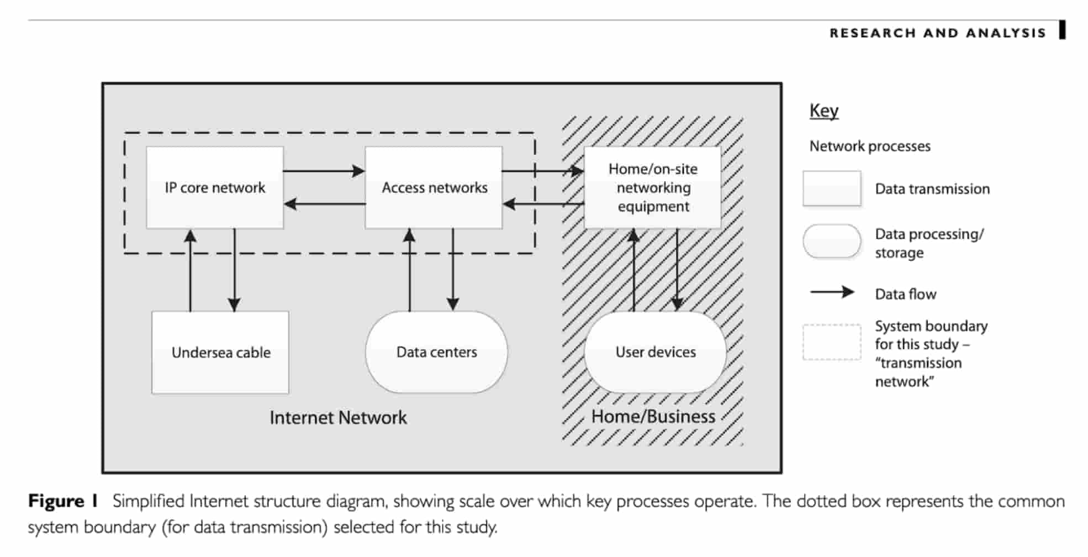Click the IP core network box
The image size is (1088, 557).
(215, 187)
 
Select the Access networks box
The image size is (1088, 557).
(434, 187)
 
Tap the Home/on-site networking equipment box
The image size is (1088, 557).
(653, 187)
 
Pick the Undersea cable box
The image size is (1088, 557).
(220, 353)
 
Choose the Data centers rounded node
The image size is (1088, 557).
(436, 352)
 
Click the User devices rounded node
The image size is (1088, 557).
(655, 352)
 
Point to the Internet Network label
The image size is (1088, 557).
(338, 418)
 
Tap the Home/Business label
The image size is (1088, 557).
(653, 417)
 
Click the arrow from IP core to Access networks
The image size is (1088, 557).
(324, 171)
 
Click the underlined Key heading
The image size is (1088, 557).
(823, 111)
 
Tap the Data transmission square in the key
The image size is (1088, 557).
(832, 188)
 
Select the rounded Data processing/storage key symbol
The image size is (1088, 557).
(832, 241)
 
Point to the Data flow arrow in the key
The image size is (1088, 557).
(832, 292)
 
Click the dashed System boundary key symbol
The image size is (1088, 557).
(832, 342)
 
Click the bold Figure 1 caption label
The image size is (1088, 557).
(63, 501)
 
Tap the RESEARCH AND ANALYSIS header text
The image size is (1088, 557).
(937, 33)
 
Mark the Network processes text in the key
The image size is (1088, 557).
(870, 146)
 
